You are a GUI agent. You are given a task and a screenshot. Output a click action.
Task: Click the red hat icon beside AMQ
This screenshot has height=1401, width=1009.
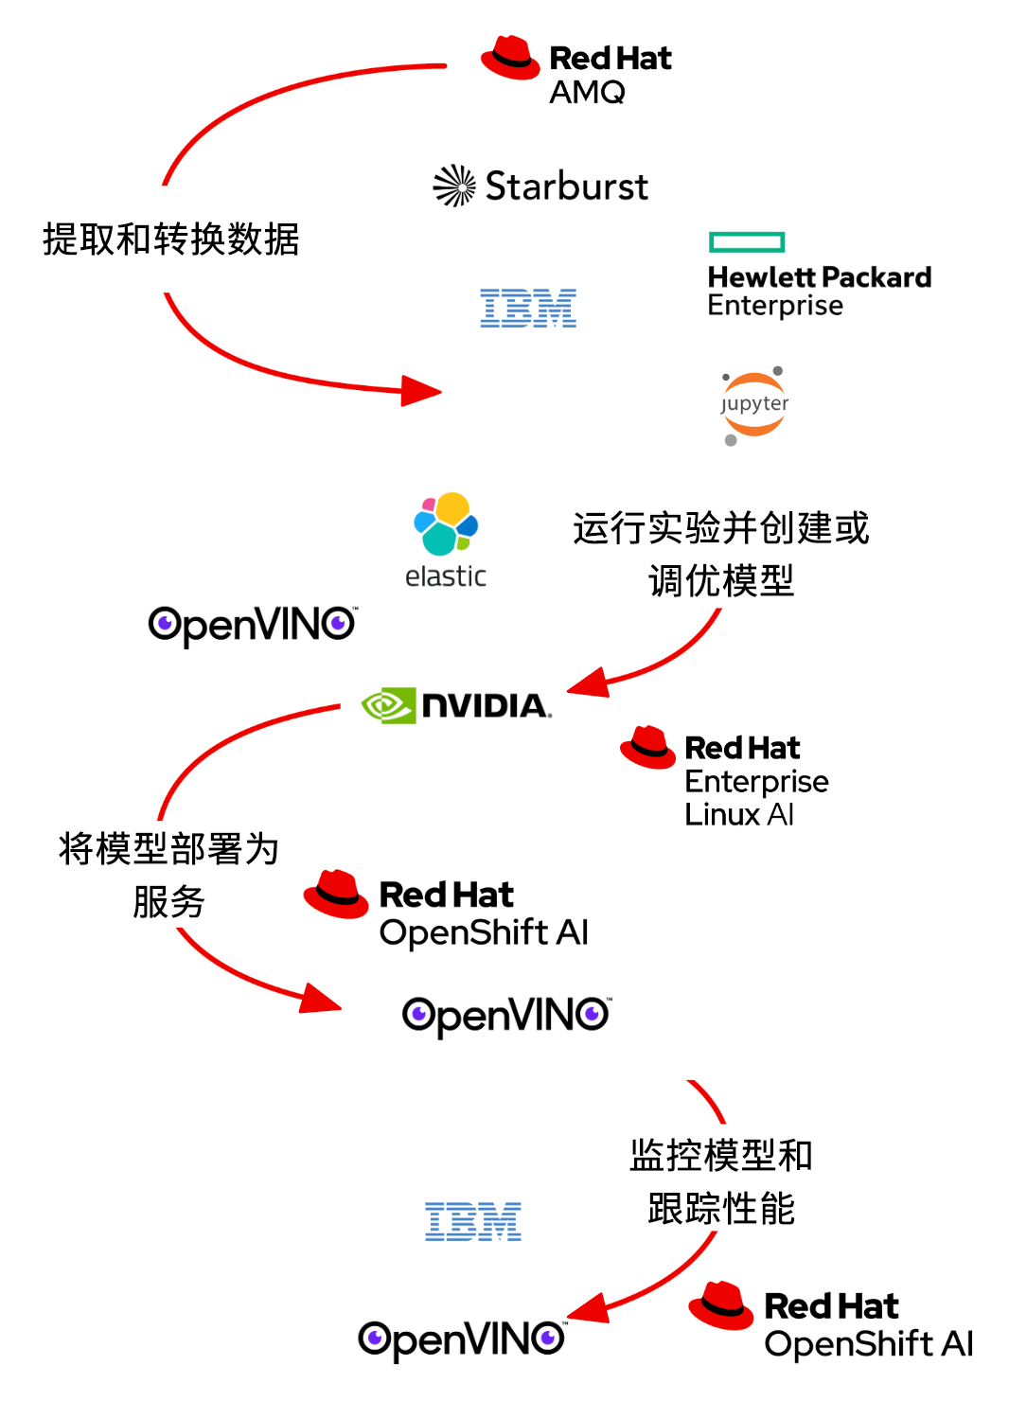[x=510, y=58]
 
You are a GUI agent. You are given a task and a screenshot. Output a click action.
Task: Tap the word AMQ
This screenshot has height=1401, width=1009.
[x=587, y=93]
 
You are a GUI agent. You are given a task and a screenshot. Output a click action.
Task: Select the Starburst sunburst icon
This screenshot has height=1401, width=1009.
[x=454, y=186]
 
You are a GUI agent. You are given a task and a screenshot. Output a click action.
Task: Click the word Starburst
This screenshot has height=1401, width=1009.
[x=566, y=186]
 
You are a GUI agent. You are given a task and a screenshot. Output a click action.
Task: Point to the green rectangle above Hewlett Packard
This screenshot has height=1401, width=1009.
[x=747, y=242]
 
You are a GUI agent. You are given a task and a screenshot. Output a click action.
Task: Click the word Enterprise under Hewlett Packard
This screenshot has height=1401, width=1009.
[x=774, y=306]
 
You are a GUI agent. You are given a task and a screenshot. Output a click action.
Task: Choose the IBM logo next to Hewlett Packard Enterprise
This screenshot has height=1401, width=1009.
[x=528, y=309]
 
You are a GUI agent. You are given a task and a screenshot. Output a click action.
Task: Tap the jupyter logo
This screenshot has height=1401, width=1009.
[x=753, y=405]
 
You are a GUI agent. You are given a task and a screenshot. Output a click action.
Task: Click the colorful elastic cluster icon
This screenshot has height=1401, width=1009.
[x=446, y=523]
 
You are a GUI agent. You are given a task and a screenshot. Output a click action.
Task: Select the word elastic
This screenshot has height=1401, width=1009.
[x=445, y=576]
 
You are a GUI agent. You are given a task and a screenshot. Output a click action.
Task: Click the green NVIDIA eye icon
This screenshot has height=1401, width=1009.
[x=388, y=705]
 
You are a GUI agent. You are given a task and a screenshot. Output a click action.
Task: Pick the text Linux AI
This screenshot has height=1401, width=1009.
[x=738, y=815]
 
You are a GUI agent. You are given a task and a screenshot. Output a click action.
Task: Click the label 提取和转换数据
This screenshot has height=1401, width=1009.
[x=170, y=239]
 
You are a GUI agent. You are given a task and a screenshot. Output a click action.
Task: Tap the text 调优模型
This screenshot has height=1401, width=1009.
[x=720, y=580]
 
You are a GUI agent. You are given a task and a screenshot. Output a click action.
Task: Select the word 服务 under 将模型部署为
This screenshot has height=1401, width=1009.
[x=168, y=901]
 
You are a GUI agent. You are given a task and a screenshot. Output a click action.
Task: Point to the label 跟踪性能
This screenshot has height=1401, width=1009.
[x=720, y=1209]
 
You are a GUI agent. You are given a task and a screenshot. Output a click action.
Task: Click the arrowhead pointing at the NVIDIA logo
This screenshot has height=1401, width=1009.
[x=587, y=683]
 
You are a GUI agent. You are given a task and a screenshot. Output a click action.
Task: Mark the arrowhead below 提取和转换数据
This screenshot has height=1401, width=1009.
[x=421, y=390]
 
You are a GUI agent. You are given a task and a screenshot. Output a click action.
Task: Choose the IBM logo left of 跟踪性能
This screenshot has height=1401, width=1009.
[x=473, y=1222]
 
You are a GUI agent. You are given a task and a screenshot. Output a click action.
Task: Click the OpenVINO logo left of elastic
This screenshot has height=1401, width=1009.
[x=252, y=625]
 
